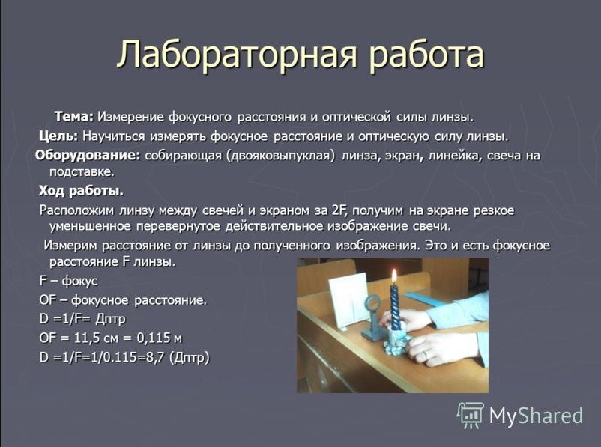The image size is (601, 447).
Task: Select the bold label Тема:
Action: tap(74, 117)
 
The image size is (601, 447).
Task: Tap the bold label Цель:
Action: tap(58, 136)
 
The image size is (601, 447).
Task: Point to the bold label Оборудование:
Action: tap(88, 156)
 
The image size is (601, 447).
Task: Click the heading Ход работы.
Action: tap(81, 191)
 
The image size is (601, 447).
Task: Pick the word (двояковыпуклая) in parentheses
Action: tap(280, 156)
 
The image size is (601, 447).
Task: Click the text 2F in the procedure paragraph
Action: tap(339, 210)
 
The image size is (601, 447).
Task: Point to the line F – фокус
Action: tap(69, 281)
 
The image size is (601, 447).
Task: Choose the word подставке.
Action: tap(82, 172)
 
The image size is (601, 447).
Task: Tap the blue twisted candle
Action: tap(395, 307)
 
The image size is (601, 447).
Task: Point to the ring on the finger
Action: tap(426, 356)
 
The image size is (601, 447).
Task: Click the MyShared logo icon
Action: tap(471, 416)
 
